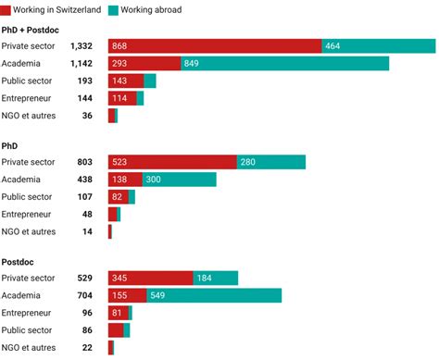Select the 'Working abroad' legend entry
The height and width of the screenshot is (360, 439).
[x=149, y=9]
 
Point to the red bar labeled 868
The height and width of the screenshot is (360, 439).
[x=215, y=46]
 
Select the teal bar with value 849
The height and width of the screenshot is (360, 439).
[x=284, y=64]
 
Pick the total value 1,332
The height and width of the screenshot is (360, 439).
[x=82, y=46]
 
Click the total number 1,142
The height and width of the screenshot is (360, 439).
[x=82, y=64]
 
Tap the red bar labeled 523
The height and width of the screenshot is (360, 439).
[x=172, y=162]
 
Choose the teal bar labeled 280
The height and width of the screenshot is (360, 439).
[x=270, y=162]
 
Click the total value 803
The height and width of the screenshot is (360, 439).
[x=86, y=162]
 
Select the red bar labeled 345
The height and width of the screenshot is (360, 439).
[x=151, y=278]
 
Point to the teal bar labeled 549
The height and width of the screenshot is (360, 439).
[x=214, y=295]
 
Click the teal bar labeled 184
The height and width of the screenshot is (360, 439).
[x=215, y=278]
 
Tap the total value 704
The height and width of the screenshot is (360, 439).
[x=86, y=295]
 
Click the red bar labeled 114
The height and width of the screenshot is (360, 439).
[x=122, y=98]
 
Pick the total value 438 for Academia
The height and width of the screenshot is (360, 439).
[x=86, y=180]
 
